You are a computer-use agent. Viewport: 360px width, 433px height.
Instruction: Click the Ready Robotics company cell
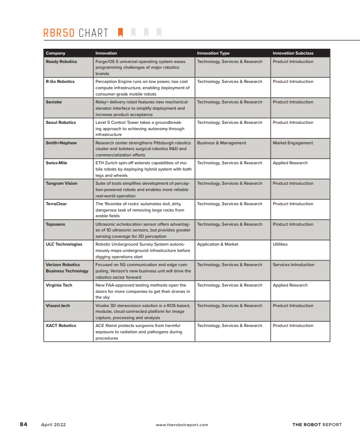pos(61,62)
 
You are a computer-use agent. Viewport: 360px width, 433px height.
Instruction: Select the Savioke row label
pos(54,102)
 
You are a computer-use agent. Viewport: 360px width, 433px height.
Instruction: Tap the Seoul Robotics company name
pos(61,123)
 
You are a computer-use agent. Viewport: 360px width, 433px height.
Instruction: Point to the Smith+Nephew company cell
pos(61,143)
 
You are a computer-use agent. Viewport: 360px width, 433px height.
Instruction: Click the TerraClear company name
pos(57,204)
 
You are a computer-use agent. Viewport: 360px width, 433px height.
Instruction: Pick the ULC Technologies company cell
pos(64,245)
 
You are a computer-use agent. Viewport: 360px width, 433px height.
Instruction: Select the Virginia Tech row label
pos(59,286)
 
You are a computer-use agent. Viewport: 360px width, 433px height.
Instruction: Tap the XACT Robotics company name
pos(61,326)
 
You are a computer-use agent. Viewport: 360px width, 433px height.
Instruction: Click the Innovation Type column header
pos(213,53)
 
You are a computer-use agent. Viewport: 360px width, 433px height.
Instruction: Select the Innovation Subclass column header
pos(293,53)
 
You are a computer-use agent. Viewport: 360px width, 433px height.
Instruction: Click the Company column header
pos(56,53)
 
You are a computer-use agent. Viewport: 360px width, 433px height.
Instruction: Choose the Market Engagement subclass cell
pos(293,143)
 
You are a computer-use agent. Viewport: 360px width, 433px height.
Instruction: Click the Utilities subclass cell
pos(280,245)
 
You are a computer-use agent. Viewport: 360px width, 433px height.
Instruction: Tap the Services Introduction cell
pos(294,265)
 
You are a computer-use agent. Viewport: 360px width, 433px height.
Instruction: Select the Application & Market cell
pos(218,245)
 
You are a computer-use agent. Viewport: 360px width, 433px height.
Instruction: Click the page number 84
pos(24,424)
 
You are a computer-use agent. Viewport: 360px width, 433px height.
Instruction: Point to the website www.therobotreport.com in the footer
pos(182,425)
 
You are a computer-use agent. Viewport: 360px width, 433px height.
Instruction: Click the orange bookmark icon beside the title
pos(121,33)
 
